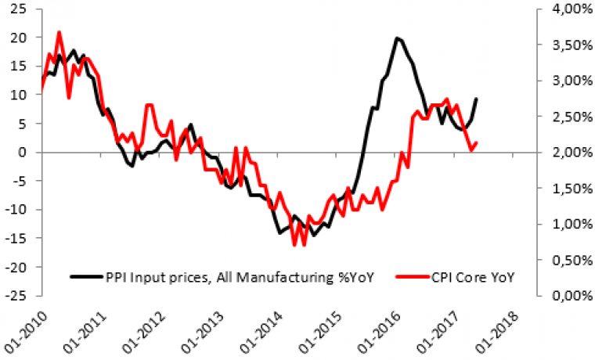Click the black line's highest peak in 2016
point(398,38)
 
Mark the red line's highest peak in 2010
point(59,32)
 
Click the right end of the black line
point(478,99)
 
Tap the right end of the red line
point(478,142)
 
